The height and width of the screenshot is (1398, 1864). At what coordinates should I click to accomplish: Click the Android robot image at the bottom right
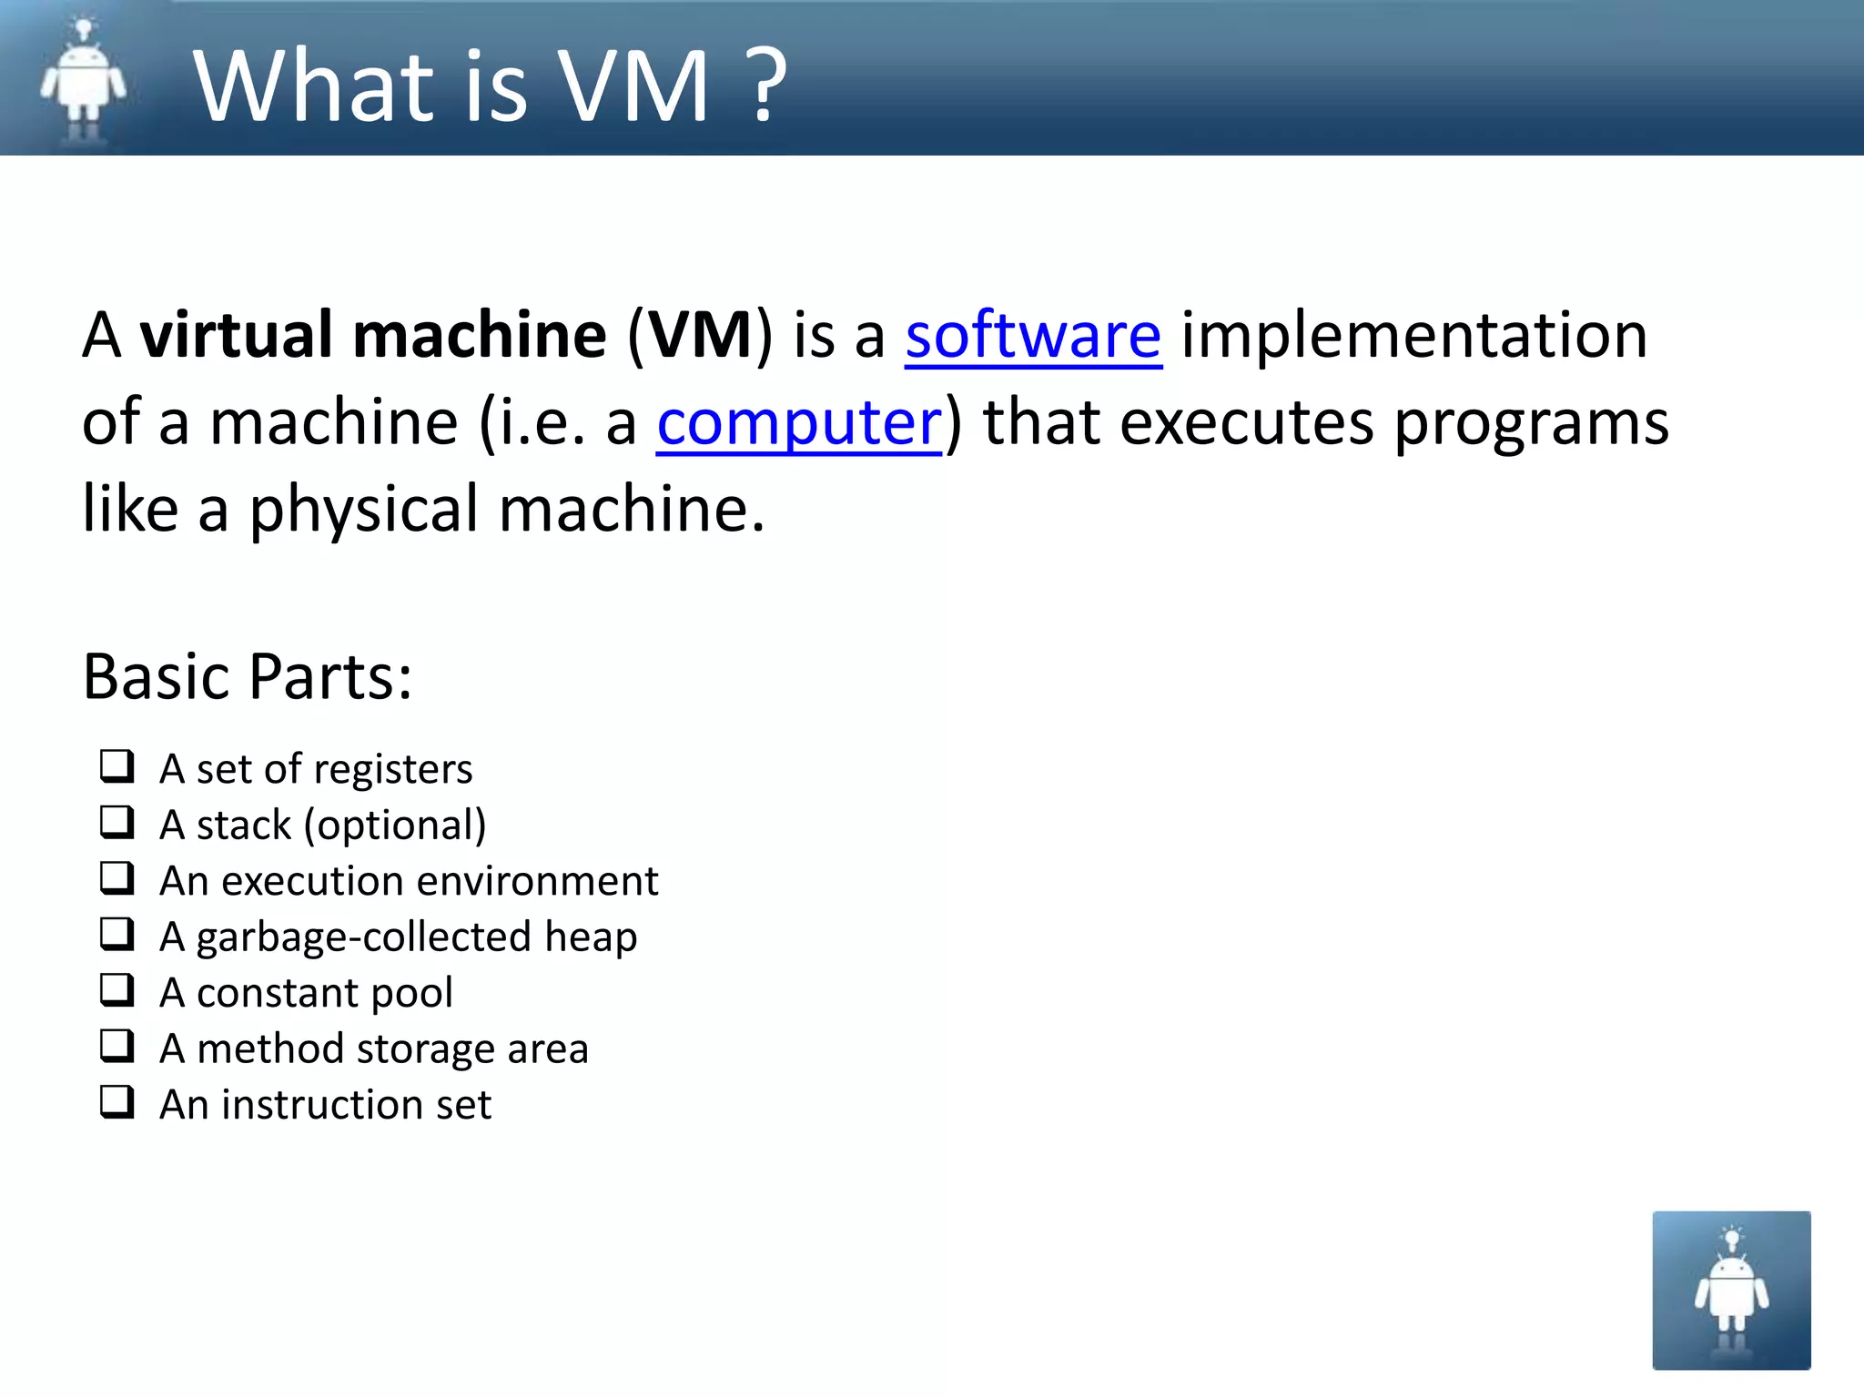click(x=1731, y=1290)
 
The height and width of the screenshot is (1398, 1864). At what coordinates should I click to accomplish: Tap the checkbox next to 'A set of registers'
click(x=117, y=766)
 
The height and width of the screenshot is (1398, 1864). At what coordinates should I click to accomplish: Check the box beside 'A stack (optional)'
click(x=117, y=823)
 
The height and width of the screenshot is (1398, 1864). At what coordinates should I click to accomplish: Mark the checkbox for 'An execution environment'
click(x=117, y=878)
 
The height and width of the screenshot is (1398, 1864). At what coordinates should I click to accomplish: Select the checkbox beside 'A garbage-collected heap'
click(x=117, y=935)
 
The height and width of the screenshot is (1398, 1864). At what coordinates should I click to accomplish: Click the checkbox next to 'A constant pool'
click(x=117, y=990)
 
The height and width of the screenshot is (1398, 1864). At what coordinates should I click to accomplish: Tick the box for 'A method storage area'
click(x=117, y=1047)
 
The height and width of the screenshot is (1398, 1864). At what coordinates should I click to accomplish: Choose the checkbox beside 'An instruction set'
click(x=117, y=1102)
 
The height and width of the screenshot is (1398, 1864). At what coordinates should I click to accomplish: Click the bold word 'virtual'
click(x=235, y=335)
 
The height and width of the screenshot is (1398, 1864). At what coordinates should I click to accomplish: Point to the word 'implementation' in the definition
click(x=1413, y=335)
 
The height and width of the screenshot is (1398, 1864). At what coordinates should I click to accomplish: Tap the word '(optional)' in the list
click(x=395, y=826)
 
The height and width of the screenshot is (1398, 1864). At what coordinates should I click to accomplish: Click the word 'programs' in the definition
click(x=1531, y=424)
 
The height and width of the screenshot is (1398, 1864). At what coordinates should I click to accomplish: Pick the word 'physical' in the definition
click(x=364, y=510)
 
